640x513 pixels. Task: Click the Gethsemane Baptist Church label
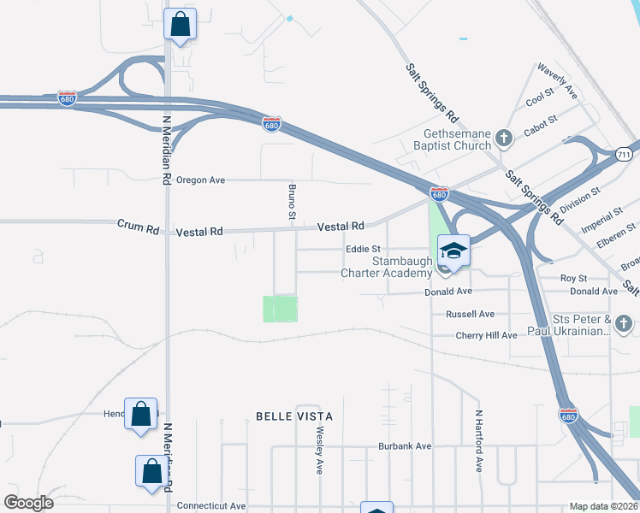(x=458, y=139)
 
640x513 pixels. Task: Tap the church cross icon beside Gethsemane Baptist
(x=505, y=137)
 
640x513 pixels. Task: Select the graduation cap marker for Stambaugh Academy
(x=453, y=251)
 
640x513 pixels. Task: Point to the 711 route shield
(x=623, y=153)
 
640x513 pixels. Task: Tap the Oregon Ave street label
(x=200, y=180)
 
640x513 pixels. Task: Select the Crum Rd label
(x=139, y=228)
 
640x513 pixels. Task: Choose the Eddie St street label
(x=362, y=250)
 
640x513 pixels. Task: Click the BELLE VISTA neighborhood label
(x=293, y=416)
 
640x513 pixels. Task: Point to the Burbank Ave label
(x=405, y=446)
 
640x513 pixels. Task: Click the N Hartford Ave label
(x=478, y=440)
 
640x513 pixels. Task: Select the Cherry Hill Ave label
(x=486, y=335)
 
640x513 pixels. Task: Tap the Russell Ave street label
(x=470, y=314)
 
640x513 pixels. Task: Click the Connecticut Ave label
(x=210, y=506)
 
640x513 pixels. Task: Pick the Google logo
(x=28, y=503)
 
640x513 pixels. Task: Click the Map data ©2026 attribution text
(x=603, y=506)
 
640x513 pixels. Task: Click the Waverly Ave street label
(x=557, y=81)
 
